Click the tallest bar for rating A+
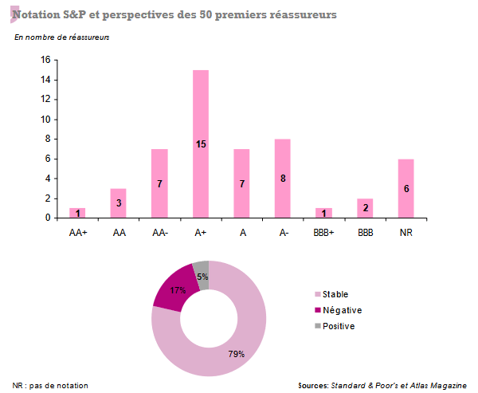pyautogui.click(x=201, y=143)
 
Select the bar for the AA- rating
pyautogui.click(x=159, y=183)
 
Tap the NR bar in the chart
pyautogui.click(x=406, y=188)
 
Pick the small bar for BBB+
pyautogui.click(x=323, y=213)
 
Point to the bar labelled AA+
pyautogui.click(x=77, y=213)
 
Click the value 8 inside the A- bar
pyautogui.click(x=282, y=179)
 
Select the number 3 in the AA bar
pyautogui.click(x=119, y=203)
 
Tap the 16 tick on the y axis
pyautogui.click(x=45, y=61)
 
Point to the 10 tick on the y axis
pyautogui.click(x=45, y=120)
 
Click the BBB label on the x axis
pyautogui.click(x=364, y=232)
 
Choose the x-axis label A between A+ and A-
pyautogui.click(x=241, y=232)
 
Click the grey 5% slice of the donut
pyautogui.click(x=202, y=272)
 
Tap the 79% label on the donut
pyautogui.click(x=236, y=353)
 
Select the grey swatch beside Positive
pyautogui.click(x=316, y=326)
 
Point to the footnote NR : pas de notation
pyautogui.click(x=51, y=385)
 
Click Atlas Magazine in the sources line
pyautogui.click(x=437, y=385)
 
